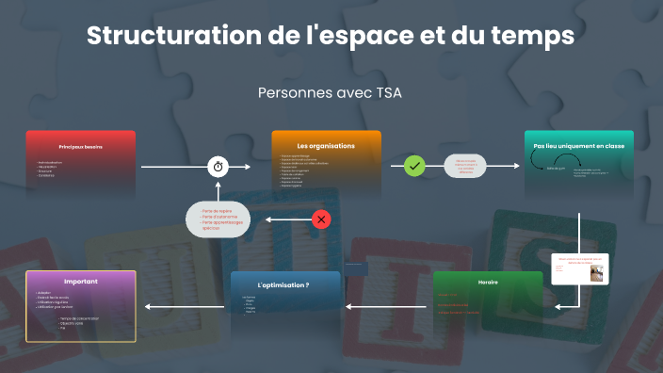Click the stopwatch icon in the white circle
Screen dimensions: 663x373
pyautogui.click(x=218, y=166)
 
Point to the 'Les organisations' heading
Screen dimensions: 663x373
pyautogui.click(x=326, y=146)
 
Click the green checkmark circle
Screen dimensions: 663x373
pyautogui.click(x=414, y=166)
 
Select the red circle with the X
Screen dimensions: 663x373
pyautogui.click(x=321, y=219)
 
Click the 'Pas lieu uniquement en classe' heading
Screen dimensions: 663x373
pyautogui.click(x=578, y=146)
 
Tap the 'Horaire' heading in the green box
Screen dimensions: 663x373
pyautogui.click(x=488, y=282)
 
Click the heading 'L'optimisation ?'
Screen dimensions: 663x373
pyautogui.click(x=283, y=284)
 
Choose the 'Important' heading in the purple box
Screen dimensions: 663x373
pyautogui.click(x=81, y=282)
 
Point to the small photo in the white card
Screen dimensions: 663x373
pyautogui.click(x=596, y=272)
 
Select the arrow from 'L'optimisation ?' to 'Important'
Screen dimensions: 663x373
pyautogui.click(x=187, y=306)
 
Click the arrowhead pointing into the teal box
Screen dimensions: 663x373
pyautogui.click(x=515, y=166)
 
